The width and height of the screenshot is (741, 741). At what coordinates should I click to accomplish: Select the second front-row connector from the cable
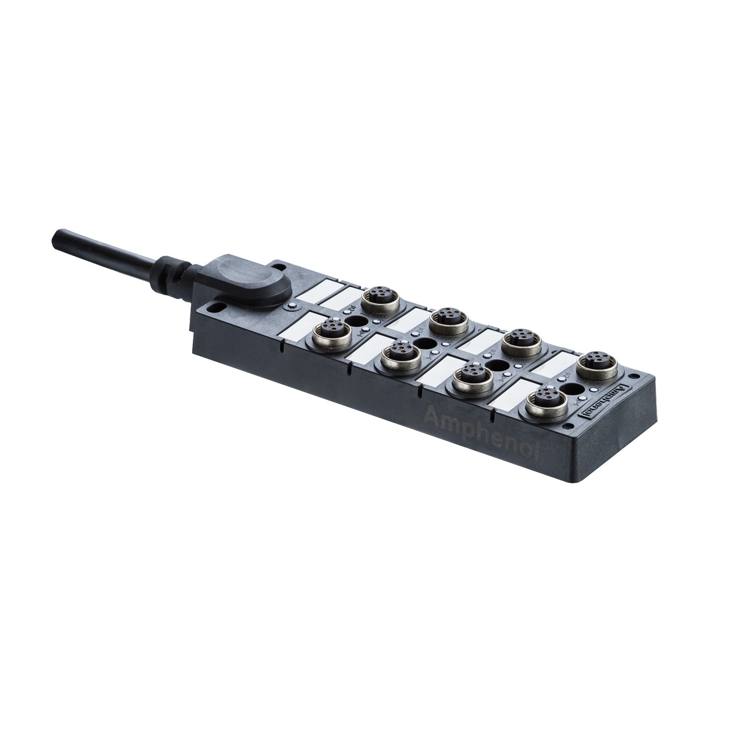[396, 355]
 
